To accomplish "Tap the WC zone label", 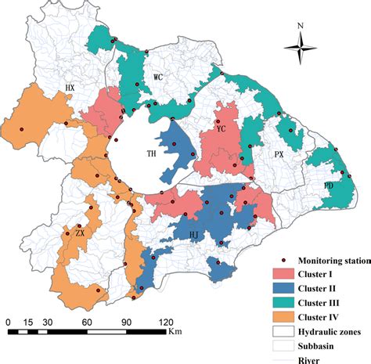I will point(158,77).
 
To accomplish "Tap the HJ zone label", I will point(196,232).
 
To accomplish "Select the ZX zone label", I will point(79,233).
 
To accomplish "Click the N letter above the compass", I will point(301,25).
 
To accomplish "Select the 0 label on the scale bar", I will point(7,322).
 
